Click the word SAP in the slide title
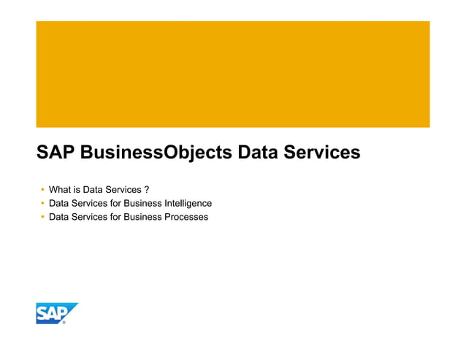(x=56, y=153)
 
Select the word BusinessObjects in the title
(x=155, y=153)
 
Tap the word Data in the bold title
(x=260, y=153)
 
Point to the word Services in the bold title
(x=324, y=153)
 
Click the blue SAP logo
(x=56, y=313)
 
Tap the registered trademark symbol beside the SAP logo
(x=64, y=321)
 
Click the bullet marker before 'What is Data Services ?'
(x=42, y=190)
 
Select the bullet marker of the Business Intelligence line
(x=42, y=203)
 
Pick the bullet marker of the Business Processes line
(x=42, y=217)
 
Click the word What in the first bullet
(x=60, y=190)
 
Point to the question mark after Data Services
(x=148, y=190)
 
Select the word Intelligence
(x=188, y=203)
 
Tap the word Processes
(x=186, y=217)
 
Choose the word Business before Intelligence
(x=142, y=203)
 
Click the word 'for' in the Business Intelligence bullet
(x=115, y=203)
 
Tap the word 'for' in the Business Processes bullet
(x=115, y=217)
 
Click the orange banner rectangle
(x=232, y=74)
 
